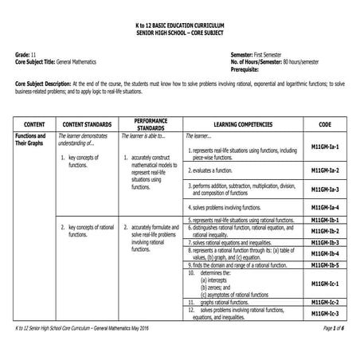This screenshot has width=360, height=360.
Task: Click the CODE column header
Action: coord(325,125)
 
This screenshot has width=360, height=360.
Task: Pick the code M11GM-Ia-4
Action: coord(324,207)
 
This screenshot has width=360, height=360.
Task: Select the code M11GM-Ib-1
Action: coord(324,220)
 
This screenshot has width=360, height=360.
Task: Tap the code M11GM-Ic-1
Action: coord(324,284)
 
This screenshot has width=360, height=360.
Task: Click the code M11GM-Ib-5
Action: coord(324,264)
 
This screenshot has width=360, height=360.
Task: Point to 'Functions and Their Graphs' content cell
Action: coord(30,140)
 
